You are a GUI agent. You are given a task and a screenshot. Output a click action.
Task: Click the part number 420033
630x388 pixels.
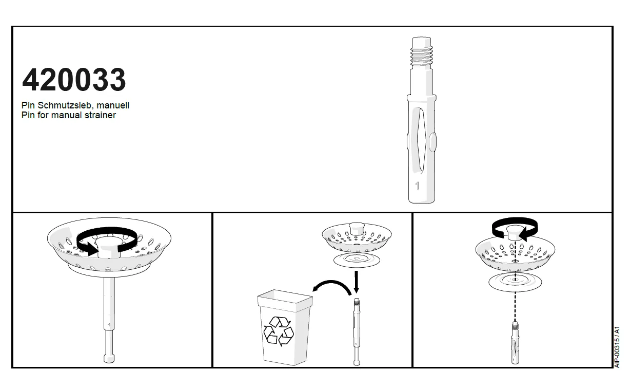click(x=74, y=80)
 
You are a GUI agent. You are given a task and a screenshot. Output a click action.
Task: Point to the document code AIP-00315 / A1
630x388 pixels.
click(x=617, y=347)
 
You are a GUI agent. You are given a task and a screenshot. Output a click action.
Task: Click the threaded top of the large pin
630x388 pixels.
click(x=421, y=53)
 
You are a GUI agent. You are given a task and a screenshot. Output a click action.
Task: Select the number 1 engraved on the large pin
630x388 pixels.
click(x=417, y=186)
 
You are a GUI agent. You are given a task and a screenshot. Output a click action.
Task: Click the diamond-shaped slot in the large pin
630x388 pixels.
click(x=421, y=139)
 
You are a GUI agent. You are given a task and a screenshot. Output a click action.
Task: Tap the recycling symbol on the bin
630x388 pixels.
click(x=279, y=331)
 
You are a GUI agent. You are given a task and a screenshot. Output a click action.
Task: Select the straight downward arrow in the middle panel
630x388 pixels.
click(x=357, y=282)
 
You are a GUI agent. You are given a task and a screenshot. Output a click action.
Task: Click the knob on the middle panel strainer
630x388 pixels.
click(x=357, y=228)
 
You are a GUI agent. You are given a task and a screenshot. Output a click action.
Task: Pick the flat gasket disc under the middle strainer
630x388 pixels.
click(x=357, y=261)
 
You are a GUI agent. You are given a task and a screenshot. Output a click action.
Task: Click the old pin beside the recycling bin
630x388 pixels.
click(x=357, y=331)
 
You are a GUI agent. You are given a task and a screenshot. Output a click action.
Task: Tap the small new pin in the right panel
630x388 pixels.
click(x=515, y=343)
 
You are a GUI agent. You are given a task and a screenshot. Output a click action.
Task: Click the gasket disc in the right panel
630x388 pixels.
click(x=515, y=282)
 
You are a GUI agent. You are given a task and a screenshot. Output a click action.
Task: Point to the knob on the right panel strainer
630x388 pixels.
click(x=515, y=233)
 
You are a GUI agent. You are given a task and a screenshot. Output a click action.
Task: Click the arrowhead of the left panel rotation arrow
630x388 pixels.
click(x=93, y=249)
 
